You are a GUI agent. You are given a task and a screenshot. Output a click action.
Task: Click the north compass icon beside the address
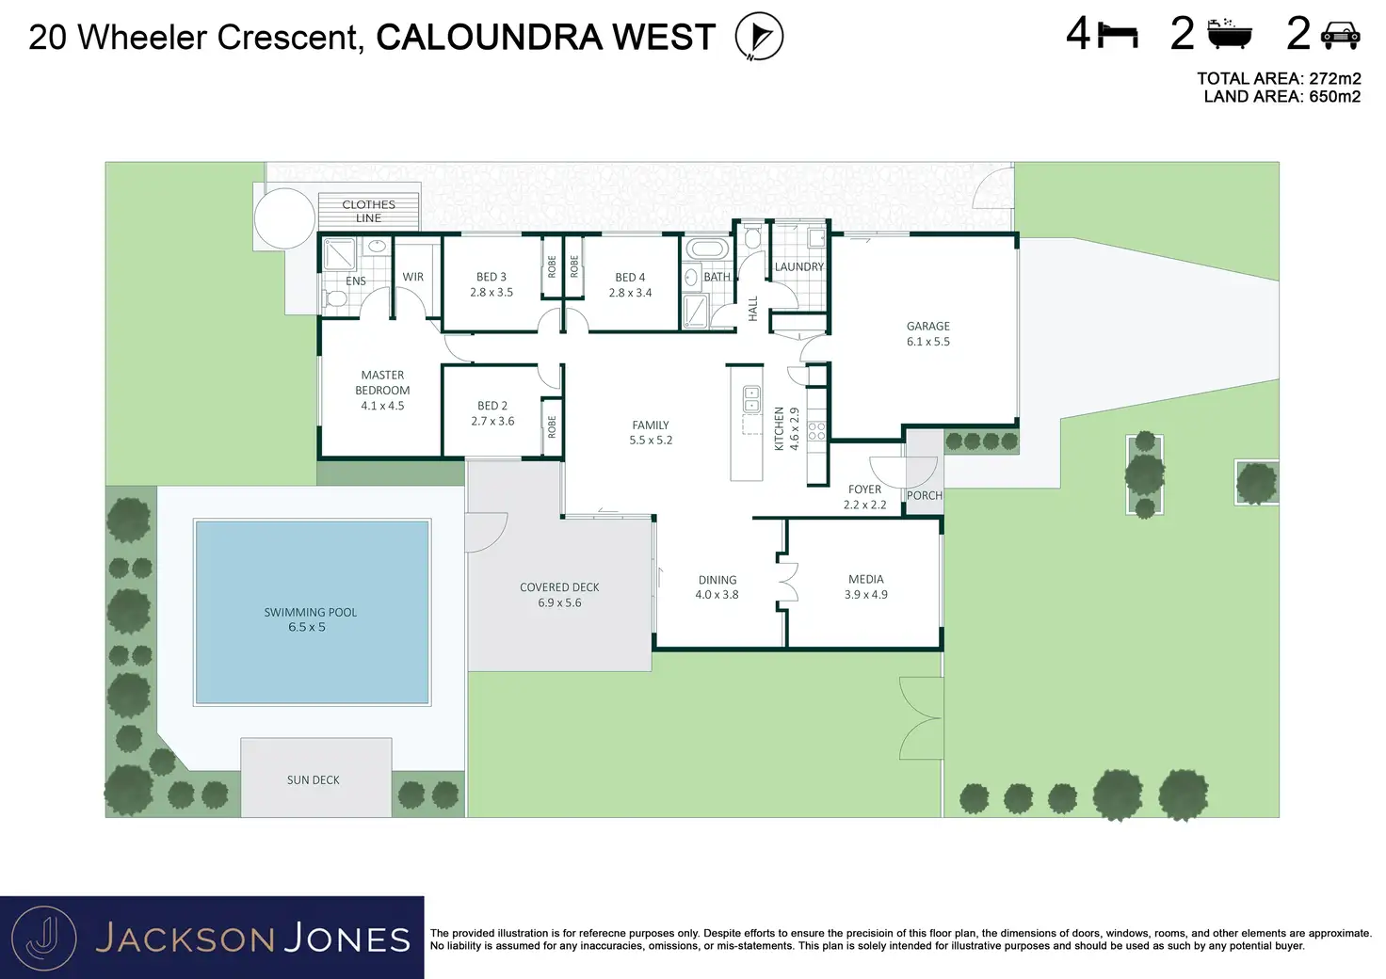coord(759,37)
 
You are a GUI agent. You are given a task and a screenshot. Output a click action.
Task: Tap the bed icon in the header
coord(1119,36)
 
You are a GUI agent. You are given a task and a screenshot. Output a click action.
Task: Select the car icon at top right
coord(1340,36)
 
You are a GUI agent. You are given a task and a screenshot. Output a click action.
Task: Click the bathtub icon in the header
coord(1231,35)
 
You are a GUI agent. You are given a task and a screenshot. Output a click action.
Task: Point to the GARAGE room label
coord(927,327)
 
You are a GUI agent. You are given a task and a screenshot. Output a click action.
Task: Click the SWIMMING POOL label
coord(310,612)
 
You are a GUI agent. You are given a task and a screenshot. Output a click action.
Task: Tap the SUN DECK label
coord(314,780)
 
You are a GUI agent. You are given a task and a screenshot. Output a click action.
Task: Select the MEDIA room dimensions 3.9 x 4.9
coord(865,595)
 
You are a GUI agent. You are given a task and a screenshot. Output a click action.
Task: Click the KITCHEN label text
coord(780,428)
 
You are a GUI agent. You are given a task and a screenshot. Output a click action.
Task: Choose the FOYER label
coord(864,489)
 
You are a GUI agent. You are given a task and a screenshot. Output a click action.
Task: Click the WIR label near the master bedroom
coord(412,277)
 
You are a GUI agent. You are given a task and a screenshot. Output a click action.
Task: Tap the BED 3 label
coord(491,277)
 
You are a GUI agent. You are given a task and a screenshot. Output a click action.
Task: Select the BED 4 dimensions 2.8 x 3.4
coord(630,293)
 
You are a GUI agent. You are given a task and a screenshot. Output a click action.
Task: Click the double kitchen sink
coord(751,399)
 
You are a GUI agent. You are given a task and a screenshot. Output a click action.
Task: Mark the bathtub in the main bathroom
coord(705,249)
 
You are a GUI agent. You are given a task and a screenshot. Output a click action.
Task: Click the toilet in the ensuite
coord(335,299)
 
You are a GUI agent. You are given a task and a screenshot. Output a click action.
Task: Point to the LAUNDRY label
coord(798,267)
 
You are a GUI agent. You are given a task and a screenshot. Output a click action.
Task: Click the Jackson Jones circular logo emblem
coord(44,938)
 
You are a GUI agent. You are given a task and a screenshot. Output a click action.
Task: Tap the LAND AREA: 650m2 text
coord(1281,97)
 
